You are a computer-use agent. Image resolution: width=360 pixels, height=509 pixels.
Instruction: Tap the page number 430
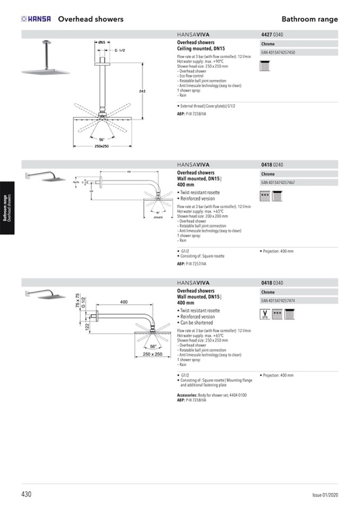pyautogui.click(x=27, y=494)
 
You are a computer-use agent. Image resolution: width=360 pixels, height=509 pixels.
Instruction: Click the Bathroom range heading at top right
pyautogui.click(x=310, y=19)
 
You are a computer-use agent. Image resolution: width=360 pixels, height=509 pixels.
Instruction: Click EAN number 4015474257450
pyautogui.click(x=278, y=53)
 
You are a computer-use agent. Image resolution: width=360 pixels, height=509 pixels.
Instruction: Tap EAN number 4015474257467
pyautogui.click(x=278, y=183)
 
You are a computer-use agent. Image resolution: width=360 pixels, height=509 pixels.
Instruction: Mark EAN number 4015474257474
pyautogui.click(x=278, y=301)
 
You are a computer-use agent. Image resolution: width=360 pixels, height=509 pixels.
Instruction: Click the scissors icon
pyautogui.click(x=264, y=314)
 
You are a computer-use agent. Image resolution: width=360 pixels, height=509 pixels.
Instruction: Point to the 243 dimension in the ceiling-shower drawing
pyautogui.click(x=142, y=92)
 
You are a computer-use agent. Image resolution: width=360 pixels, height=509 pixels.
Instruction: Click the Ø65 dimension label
pyautogui.click(x=102, y=41)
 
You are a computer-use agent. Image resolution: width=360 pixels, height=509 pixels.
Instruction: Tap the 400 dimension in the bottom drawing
pyautogui.click(x=124, y=302)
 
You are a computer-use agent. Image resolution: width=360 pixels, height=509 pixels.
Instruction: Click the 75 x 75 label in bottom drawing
pyautogui.click(x=78, y=301)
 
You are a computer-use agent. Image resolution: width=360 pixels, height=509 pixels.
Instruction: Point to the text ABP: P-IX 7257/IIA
pyautogui.click(x=192, y=263)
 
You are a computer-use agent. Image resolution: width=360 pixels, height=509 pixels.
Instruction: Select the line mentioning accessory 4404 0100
pyautogui.click(x=211, y=395)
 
